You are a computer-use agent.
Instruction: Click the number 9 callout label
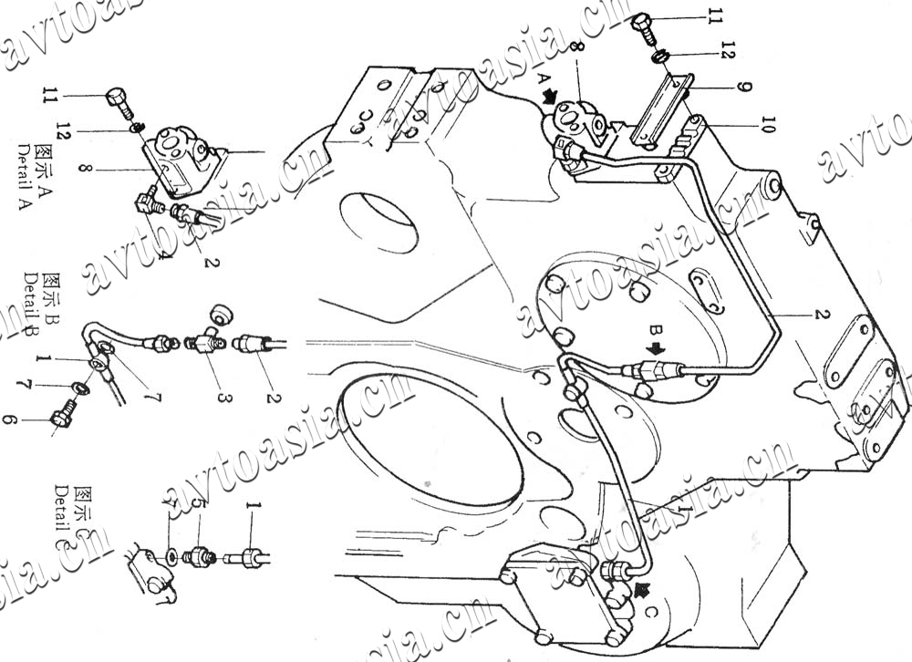tap(745, 88)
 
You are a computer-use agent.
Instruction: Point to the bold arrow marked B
tap(656, 349)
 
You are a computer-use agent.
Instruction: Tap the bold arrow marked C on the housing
tap(645, 590)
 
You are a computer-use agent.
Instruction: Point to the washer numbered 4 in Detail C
tap(171, 553)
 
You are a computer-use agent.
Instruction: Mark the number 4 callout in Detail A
tap(162, 254)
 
